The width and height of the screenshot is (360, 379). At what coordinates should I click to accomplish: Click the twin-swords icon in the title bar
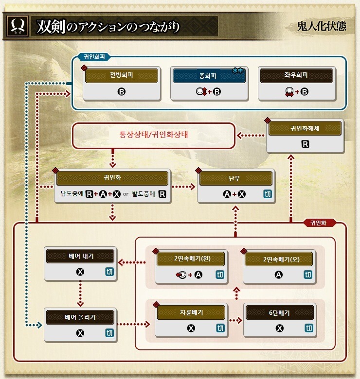(x=17, y=26)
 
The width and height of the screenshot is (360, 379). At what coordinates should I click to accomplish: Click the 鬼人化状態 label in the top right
(x=324, y=26)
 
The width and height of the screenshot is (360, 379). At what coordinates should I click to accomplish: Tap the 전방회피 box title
(x=121, y=76)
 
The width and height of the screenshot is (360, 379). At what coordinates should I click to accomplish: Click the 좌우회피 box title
(x=297, y=76)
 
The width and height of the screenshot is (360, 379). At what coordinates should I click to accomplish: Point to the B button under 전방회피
(x=121, y=91)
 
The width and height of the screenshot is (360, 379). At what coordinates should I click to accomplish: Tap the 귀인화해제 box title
(x=305, y=129)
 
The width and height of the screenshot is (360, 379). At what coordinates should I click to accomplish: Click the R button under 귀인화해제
(x=305, y=144)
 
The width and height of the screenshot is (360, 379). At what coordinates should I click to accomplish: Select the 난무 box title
(x=235, y=178)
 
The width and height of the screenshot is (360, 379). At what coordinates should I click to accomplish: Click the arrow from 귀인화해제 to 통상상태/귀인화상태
(x=251, y=135)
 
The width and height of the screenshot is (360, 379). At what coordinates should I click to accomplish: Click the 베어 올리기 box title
(x=80, y=317)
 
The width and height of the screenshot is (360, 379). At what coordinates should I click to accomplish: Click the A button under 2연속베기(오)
(x=279, y=275)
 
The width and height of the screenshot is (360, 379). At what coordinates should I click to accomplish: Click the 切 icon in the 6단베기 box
(x=307, y=328)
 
